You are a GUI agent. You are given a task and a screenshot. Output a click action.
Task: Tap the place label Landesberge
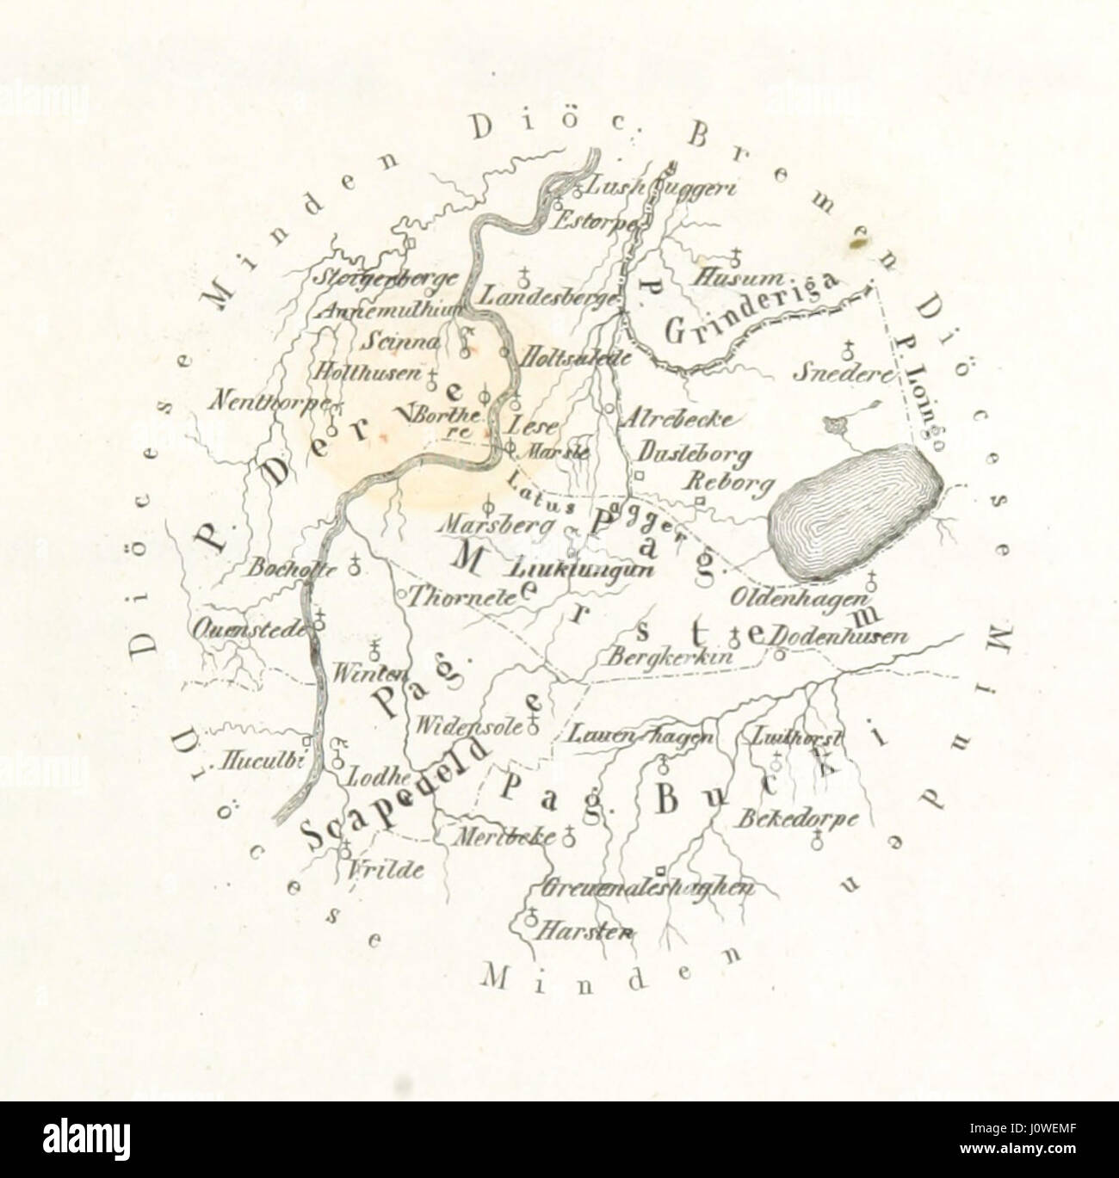550,296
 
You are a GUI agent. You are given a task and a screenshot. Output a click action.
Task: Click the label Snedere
832,375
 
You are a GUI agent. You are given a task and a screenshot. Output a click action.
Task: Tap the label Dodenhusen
838,638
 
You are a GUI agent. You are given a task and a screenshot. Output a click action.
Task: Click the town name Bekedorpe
796,818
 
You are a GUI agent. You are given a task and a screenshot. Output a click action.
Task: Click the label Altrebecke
679,419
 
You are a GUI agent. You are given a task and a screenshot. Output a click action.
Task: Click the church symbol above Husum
736,256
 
